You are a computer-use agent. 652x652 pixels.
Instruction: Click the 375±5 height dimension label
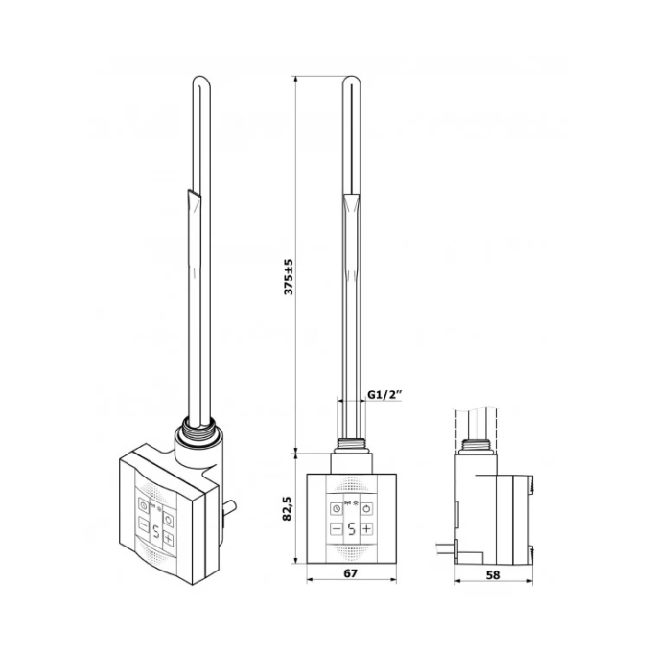tap(289, 277)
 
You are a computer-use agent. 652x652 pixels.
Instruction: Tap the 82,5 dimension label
tap(289, 508)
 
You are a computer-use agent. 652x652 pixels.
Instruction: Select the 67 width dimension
tap(351, 573)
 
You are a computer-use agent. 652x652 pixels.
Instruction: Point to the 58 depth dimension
tap(493, 574)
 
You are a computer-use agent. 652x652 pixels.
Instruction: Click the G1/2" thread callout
tap(385, 394)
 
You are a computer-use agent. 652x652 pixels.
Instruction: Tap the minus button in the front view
tap(337, 529)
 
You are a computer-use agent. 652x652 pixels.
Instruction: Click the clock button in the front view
tap(337, 508)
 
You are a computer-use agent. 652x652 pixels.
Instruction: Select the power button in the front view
tap(366, 508)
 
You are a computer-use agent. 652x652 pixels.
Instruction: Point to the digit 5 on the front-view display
tap(351, 529)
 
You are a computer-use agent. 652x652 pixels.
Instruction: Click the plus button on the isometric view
tap(168, 539)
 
